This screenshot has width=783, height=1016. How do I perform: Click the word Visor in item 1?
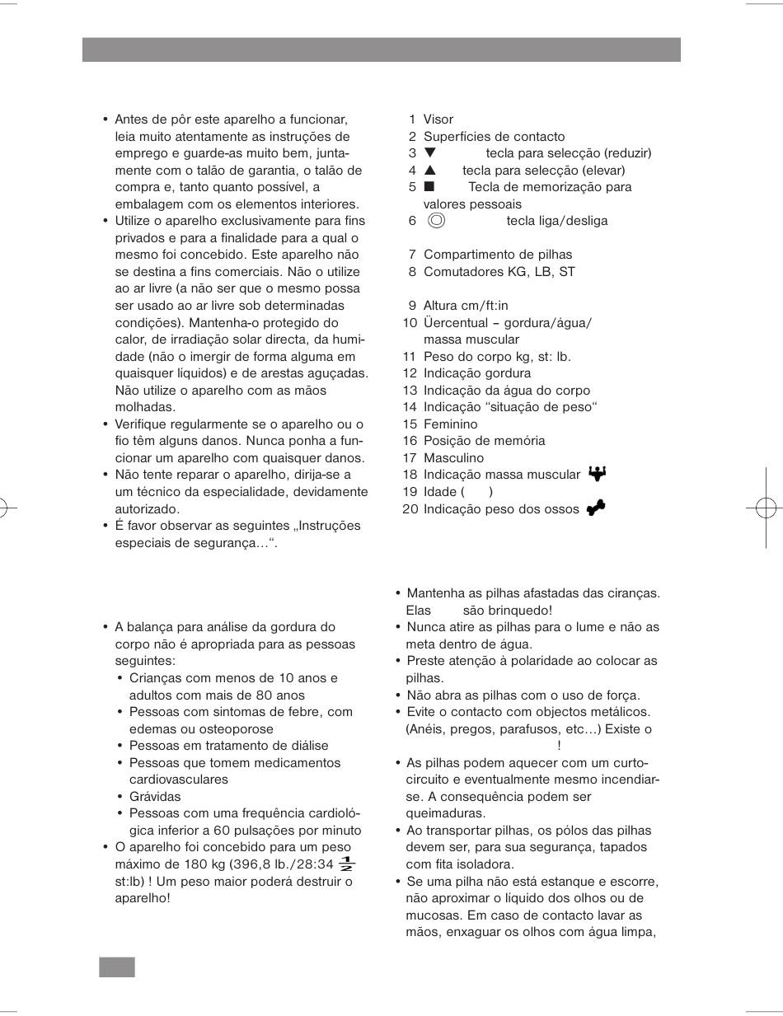pos(438,119)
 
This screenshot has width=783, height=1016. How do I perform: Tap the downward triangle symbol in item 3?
pos(429,153)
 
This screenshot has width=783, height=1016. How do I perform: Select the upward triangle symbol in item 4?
pos(429,171)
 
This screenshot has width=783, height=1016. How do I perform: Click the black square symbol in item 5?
pos(429,187)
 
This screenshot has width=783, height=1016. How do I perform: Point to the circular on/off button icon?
pos(437,220)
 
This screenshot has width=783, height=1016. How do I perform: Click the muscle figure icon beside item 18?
pos(598,474)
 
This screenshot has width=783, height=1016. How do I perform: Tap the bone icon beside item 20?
pos(596,508)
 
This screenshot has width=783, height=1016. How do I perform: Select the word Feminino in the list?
pos(450,424)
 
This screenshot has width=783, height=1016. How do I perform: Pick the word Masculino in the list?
pos(453,457)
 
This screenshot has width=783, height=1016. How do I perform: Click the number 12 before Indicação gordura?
pos(410,373)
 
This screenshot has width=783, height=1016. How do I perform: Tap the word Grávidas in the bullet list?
pos(155,797)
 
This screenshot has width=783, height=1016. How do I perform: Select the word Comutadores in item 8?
pos(462,271)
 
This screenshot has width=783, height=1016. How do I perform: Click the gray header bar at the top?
pos(381,49)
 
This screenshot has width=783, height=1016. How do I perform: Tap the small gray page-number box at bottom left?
pos(116,967)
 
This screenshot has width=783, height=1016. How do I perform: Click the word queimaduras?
pos(443,813)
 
